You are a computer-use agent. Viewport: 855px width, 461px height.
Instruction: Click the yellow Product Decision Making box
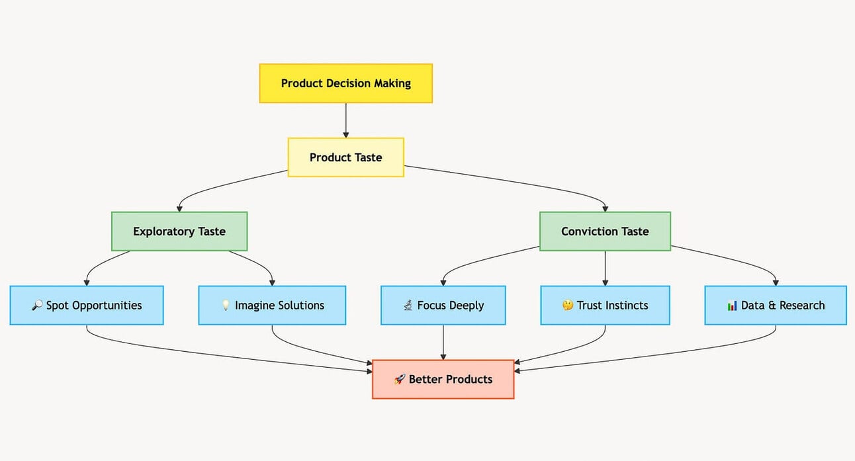click(x=345, y=83)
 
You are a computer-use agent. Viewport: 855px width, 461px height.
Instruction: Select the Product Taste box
click(x=345, y=157)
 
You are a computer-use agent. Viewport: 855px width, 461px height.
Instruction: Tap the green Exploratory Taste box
click(x=179, y=231)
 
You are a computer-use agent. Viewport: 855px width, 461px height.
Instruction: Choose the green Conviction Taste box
click(x=605, y=231)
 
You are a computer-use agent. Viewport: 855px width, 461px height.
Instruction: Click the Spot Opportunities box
click(x=87, y=306)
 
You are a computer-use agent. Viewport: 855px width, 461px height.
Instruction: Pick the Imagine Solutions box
click(x=272, y=306)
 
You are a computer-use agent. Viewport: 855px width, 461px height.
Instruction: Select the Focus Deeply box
click(x=443, y=306)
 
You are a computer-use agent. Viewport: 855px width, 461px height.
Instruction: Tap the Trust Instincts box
click(x=605, y=306)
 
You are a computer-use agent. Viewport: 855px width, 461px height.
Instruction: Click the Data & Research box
click(x=775, y=306)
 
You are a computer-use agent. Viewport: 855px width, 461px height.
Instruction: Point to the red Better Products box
click(x=443, y=380)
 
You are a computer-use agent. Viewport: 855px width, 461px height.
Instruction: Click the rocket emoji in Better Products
click(x=400, y=380)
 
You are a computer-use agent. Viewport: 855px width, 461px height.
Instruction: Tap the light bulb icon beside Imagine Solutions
click(x=226, y=306)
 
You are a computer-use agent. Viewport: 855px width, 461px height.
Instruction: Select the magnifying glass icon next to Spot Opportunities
click(x=38, y=306)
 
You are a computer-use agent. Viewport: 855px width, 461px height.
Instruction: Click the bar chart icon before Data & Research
click(x=732, y=306)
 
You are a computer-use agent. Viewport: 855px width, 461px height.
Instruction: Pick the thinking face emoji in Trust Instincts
click(x=567, y=306)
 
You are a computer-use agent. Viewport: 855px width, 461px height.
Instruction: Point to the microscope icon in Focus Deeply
click(x=408, y=306)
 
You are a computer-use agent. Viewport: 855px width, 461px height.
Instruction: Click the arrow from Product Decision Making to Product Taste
click(x=345, y=120)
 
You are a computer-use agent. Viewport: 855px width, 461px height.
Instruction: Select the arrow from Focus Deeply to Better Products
click(x=443, y=343)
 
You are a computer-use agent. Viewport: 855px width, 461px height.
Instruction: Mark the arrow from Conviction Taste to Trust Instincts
click(x=605, y=269)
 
